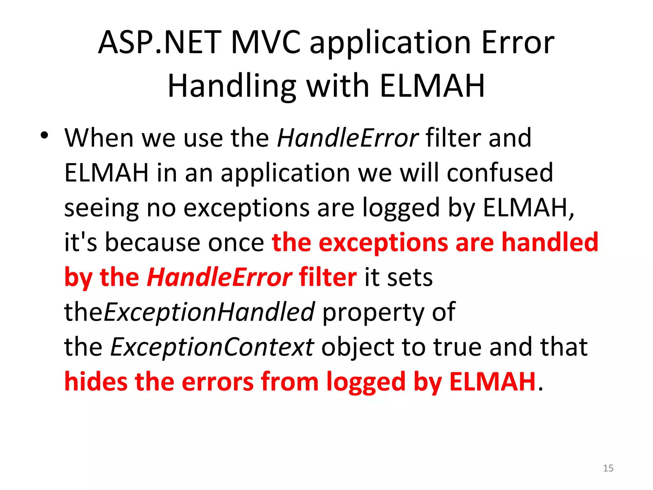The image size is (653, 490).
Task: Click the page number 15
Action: (x=608, y=468)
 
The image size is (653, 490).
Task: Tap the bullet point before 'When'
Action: (x=44, y=136)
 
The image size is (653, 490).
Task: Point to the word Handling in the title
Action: (x=232, y=86)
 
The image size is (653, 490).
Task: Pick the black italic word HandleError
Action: (x=348, y=138)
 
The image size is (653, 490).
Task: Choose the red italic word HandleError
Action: (x=219, y=277)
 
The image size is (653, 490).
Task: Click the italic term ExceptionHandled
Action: (x=209, y=312)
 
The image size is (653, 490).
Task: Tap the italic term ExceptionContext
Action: (x=212, y=347)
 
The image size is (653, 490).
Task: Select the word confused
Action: (x=500, y=173)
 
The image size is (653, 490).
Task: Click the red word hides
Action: (x=96, y=382)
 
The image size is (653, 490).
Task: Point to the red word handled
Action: (x=550, y=242)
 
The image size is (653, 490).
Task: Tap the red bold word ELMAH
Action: (x=492, y=382)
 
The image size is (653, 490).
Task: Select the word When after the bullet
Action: (x=99, y=138)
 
